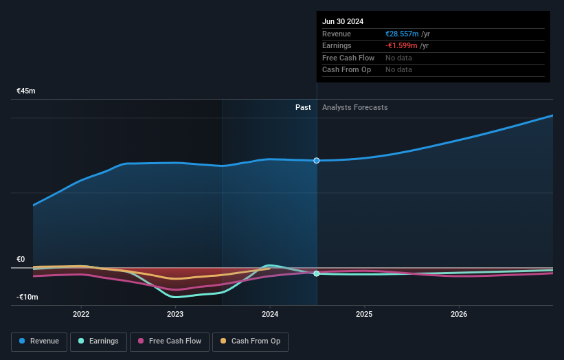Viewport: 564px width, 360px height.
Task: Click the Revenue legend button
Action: coord(39,341)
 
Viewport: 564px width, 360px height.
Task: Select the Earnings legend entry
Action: coord(98,341)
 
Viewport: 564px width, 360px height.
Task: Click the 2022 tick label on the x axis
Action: coord(81,314)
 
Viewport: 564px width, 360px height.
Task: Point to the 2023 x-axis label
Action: coord(175,314)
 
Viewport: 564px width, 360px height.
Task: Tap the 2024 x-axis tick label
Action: coord(270,314)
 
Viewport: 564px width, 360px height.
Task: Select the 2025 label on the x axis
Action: coord(364,314)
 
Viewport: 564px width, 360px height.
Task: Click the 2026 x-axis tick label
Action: coord(459,314)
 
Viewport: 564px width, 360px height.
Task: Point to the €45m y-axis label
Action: coord(26,91)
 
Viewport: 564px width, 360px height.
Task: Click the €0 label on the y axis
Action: coord(21,260)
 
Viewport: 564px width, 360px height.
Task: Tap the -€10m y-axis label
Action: coord(27,297)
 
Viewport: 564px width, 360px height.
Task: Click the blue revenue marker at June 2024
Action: coord(317,161)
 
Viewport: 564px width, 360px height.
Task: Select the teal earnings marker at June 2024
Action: coord(317,273)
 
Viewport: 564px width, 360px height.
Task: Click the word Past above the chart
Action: coord(303,108)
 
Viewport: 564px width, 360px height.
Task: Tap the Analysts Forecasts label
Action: coord(354,108)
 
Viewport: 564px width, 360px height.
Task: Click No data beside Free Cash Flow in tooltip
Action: coord(398,58)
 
